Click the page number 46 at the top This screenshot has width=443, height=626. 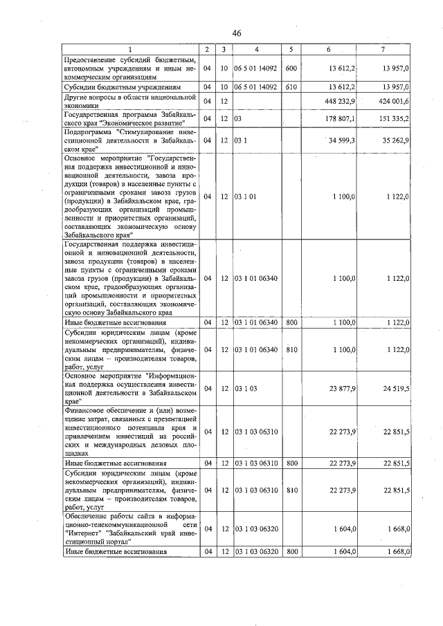tap(237, 33)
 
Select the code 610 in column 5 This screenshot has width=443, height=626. tap(291, 88)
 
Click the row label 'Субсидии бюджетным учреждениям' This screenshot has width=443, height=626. tap(122, 89)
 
